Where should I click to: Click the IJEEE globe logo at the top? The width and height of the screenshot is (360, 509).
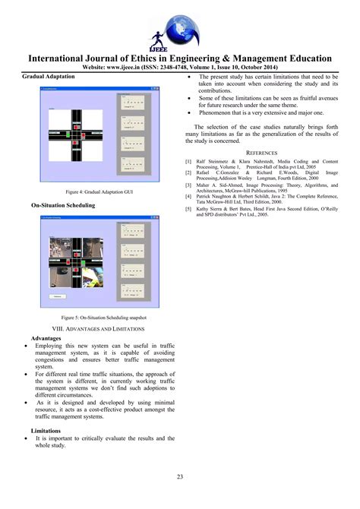click(x=179, y=25)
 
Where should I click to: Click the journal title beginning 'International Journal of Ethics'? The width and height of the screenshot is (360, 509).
click(x=180, y=58)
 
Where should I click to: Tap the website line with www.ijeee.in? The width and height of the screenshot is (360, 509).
click(x=180, y=67)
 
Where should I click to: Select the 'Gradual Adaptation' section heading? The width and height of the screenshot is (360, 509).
click(x=48, y=77)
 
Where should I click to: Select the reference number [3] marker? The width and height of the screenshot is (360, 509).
click(x=188, y=183)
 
